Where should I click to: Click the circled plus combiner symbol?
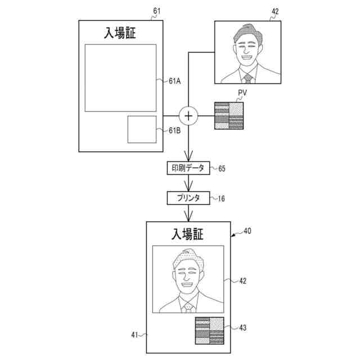click(x=188, y=116)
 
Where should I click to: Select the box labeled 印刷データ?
click(x=188, y=168)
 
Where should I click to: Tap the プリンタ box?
click(x=188, y=198)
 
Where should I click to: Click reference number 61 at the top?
click(x=156, y=11)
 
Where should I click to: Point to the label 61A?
click(x=174, y=81)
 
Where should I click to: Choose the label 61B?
click(x=174, y=130)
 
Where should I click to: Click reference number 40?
click(x=247, y=231)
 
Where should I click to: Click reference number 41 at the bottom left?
click(x=136, y=335)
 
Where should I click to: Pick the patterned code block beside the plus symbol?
click(x=229, y=116)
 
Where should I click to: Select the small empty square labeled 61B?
click(x=142, y=130)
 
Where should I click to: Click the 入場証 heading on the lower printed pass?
click(x=188, y=233)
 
